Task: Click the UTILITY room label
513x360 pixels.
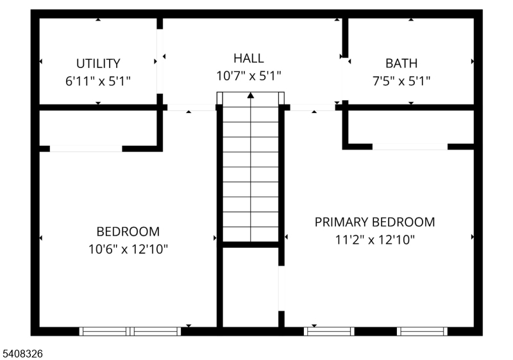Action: [x=98, y=64]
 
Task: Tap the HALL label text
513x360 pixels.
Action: [x=248, y=58]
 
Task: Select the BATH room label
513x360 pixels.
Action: [x=401, y=64]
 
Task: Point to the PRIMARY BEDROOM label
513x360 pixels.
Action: [x=374, y=222]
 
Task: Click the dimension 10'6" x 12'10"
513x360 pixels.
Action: [x=128, y=248]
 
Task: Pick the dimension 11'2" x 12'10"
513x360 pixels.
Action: [x=374, y=239]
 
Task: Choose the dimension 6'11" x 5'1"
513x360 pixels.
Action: [x=98, y=81]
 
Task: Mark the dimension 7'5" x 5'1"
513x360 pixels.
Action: [x=401, y=81]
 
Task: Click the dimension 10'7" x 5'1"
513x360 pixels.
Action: [x=248, y=76]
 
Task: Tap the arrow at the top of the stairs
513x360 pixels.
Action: [x=251, y=96]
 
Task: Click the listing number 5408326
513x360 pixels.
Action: [x=22, y=353]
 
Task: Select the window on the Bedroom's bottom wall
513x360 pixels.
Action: [x=130, y=331]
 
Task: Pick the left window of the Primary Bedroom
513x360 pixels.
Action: [x=329, y=331]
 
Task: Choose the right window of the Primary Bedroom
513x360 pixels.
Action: [x=421, y=331]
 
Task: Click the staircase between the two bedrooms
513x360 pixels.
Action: [x=251, y=173]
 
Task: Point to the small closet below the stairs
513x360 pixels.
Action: [x=251, y=286]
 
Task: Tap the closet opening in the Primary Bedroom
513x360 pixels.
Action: [x=410, y=146]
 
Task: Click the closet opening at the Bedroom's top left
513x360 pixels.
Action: [x=86, y=149]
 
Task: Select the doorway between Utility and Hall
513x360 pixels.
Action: [x=160, y=62]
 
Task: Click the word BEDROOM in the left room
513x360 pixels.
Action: [x=128, y=232]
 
